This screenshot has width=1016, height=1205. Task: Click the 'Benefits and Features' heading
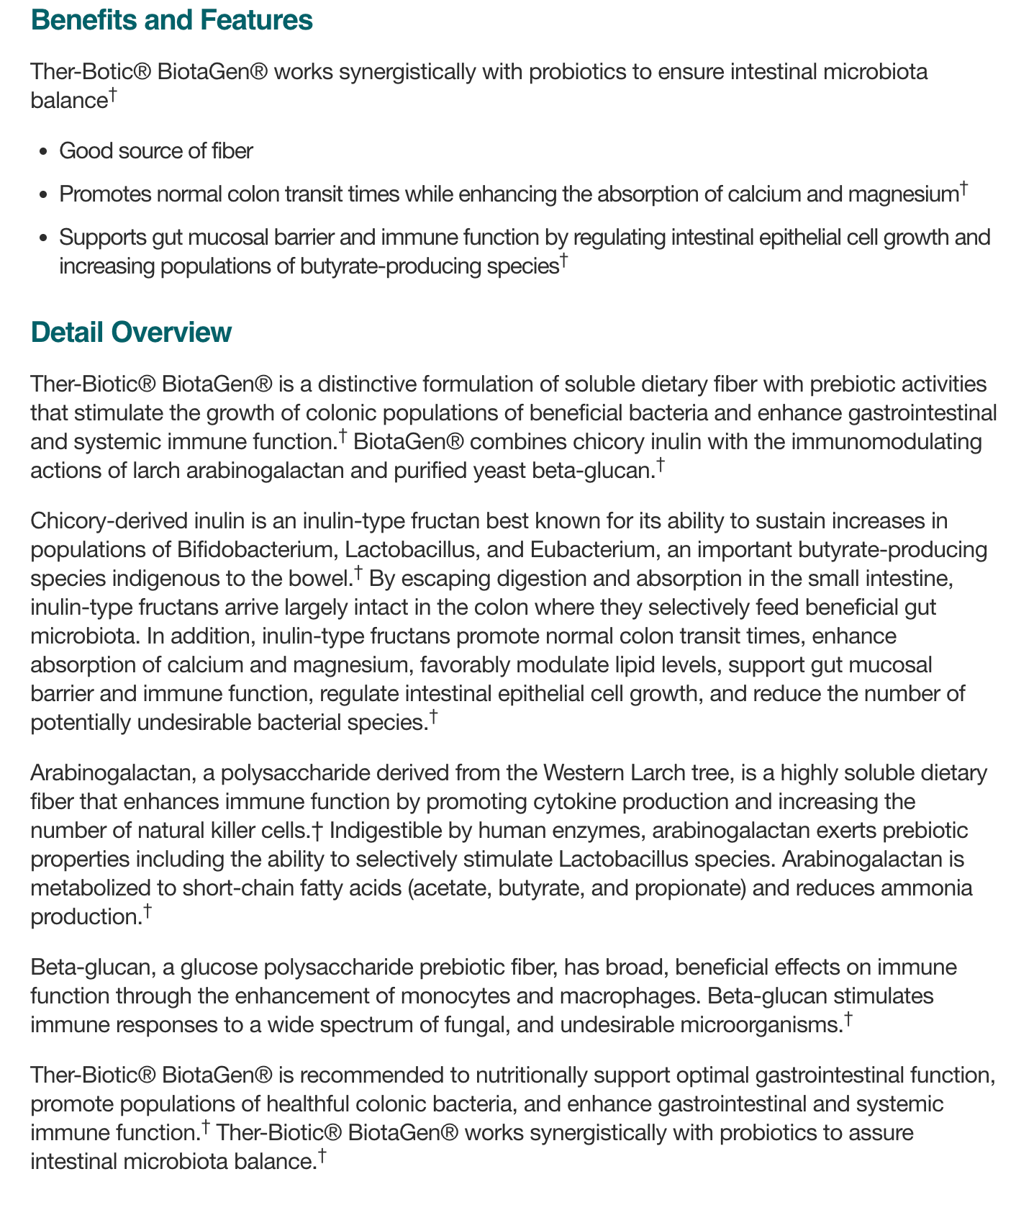pos(171,20)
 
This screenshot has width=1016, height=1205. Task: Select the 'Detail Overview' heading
pos(131,333)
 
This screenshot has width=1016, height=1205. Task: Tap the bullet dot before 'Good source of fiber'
pos(44,152)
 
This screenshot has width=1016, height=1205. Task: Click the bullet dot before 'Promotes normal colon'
pos(44,195)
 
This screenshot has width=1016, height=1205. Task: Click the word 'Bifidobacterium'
pos(255,550)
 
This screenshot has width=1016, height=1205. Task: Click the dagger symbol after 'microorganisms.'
pos(848,1019)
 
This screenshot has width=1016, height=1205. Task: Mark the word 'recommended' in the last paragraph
pos(358,1075)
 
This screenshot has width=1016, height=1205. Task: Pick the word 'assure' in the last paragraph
pos(880,1133)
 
